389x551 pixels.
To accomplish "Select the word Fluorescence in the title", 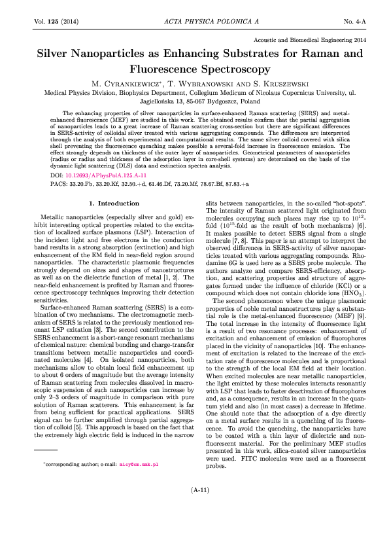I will tap(163, 67).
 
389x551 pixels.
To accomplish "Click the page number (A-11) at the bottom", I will tap(199, 526).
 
